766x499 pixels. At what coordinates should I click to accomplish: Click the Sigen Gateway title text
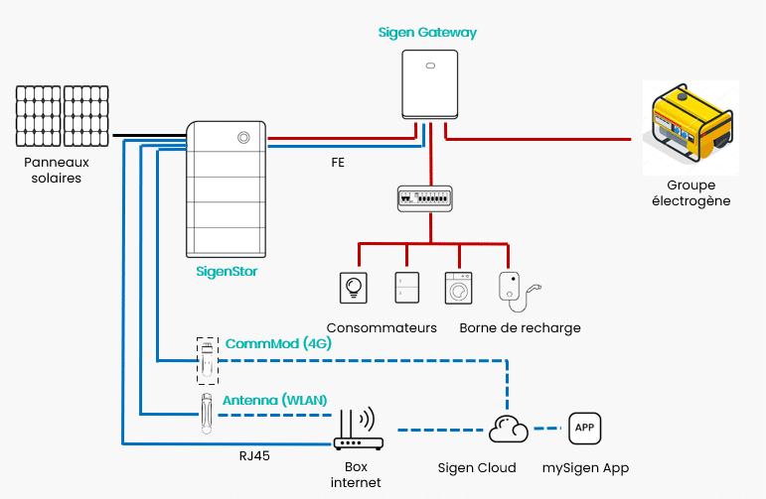(x=427, y=33)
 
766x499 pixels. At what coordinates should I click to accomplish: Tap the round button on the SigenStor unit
(x=241, y=138)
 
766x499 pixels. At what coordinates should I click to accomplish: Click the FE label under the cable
(x=338, y=160)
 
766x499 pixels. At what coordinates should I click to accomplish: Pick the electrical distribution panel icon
(x=428, y=196)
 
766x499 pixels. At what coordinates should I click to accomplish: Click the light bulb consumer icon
(x=354, y=288)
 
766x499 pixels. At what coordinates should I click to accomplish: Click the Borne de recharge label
(x=520, y=328)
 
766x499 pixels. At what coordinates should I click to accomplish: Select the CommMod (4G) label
(x=278, y=343)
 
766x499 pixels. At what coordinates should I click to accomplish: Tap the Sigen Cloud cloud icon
(x=509, y=430)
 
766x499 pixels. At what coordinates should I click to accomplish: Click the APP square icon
(x=585, y=429)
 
